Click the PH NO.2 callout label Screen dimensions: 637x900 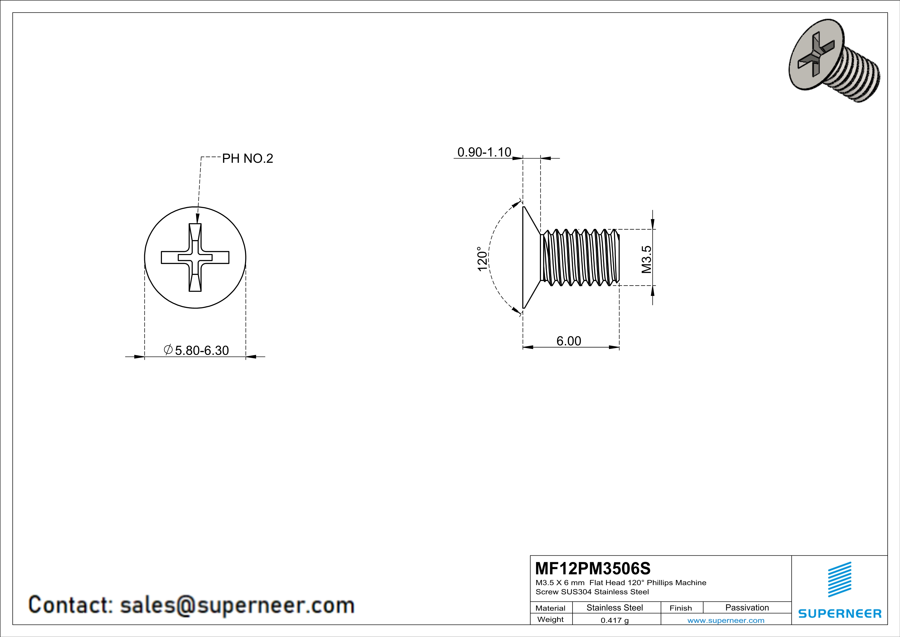tap(247, 158)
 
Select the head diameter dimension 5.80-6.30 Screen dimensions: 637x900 tap(201, 350)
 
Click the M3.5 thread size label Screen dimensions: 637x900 tap(646, 259)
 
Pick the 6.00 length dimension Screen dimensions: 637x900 tap(569, 341)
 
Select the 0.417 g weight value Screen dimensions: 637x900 tap(615, 620)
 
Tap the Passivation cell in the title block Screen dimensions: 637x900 tap(747, 607)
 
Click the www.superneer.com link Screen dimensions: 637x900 tap(725, 620)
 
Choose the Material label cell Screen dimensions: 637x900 tap(550, 608)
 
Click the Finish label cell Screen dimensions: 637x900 tap(681, 608)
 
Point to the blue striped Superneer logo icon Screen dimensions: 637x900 tap(839, 579)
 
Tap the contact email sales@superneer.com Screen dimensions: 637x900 tap(237, 605)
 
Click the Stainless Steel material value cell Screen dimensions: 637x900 tap(615, 607)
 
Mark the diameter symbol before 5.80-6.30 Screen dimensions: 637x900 tap(168, 350)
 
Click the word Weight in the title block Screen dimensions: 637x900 tap(550, 619)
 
